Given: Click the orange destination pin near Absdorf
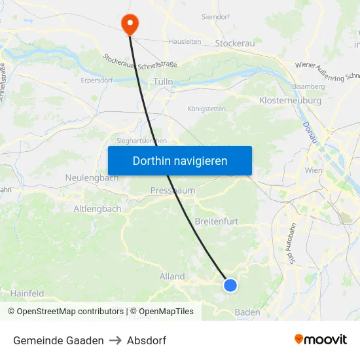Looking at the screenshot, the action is click(130, 24).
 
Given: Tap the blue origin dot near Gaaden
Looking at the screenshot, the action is click(230, 285).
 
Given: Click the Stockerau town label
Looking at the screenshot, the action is click(235, 44).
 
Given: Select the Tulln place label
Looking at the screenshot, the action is click(162, 82).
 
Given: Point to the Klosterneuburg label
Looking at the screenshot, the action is click(290, 101).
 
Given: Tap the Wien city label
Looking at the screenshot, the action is click(314, 170).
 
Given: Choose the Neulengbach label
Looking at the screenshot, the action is click(92, 177).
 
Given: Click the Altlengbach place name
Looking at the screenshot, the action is click(97, 209).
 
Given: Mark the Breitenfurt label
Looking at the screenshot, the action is click(217, 221).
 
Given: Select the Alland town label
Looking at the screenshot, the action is click(172, 276).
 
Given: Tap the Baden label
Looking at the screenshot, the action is click(247, 312).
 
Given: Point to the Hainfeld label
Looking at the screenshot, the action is click(27, 294).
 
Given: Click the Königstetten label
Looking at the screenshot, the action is click(206, 109).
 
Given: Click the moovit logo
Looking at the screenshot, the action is click(320, 340).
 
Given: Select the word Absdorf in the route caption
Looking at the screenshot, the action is click(147, 340).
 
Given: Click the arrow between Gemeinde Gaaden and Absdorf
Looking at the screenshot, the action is click(115, 340).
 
